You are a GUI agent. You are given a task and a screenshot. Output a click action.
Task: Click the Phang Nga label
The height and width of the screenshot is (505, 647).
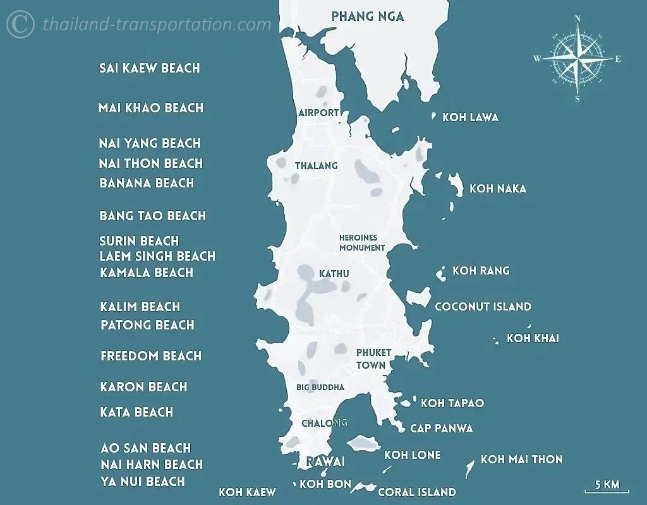[367, 16]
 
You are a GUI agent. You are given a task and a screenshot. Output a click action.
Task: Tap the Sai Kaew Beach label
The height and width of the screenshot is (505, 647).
[150, 68]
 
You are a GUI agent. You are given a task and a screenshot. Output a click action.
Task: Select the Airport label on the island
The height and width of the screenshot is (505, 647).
[318, 113]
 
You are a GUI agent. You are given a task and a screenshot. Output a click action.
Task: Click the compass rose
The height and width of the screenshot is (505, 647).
[577, 59]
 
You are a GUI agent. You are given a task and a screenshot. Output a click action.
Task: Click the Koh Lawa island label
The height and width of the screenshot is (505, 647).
[470, 117]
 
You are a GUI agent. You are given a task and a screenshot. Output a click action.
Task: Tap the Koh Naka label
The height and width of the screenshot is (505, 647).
[497, 189]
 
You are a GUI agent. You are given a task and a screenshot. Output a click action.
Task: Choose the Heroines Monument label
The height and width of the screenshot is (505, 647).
[361, 243]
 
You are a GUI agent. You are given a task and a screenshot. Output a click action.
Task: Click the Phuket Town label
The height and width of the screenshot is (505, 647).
[373, 359]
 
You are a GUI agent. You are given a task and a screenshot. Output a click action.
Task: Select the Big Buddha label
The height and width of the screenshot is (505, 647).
[320, 387]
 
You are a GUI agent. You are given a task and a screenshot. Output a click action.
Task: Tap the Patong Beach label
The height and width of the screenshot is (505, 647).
[147, 325]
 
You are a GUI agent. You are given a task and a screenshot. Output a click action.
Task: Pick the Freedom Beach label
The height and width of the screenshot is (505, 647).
[151, 356]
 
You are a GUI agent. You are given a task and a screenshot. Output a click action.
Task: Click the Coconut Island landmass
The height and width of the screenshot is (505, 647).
[418, 297]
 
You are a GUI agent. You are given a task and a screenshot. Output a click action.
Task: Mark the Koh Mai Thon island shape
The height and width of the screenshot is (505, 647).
[469, 468]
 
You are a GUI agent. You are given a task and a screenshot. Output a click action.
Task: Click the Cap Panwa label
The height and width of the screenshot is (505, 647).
[441, 429]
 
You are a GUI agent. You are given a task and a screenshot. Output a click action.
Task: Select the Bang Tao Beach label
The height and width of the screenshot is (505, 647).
[152, 216]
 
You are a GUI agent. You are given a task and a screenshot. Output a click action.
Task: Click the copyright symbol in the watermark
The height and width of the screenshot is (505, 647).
[20, 25]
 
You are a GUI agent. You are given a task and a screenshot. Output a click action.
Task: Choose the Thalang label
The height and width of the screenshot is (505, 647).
[316, 166]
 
